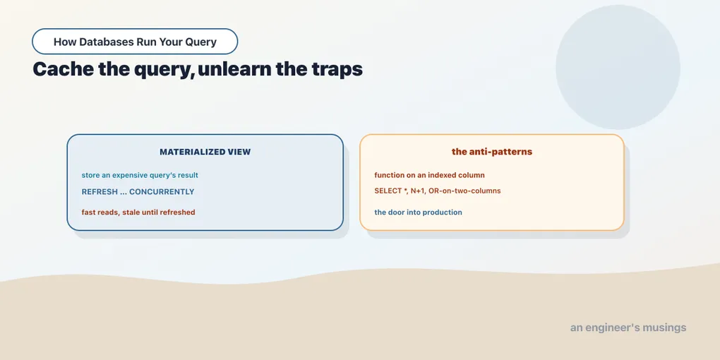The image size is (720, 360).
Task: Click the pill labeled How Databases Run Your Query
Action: point(135,42)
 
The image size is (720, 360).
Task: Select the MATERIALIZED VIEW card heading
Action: point(205,152)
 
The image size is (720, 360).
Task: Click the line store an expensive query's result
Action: point(140,175)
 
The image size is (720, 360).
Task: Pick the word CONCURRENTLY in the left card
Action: point(162,192)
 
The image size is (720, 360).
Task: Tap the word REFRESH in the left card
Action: point(100,192)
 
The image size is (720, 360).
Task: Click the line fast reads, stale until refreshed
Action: point(138,212)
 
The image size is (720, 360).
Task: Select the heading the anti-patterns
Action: point(492,152)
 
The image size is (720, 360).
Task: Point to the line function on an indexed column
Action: point(429,175)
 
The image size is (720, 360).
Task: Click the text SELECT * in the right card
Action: point(391,191)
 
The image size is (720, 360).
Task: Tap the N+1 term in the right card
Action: point(417,191)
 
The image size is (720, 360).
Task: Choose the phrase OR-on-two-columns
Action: point(464,191)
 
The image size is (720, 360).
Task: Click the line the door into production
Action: point(418,212)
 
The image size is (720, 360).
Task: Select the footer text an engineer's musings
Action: point(628,328)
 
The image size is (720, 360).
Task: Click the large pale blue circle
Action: point(618,67)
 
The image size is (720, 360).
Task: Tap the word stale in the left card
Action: point(131,212)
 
